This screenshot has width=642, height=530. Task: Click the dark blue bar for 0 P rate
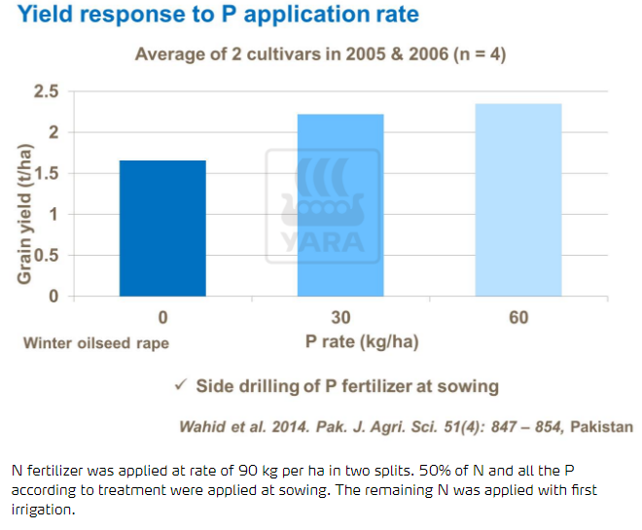click(162, 229)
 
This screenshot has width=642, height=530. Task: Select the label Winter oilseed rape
click(95, 342)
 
